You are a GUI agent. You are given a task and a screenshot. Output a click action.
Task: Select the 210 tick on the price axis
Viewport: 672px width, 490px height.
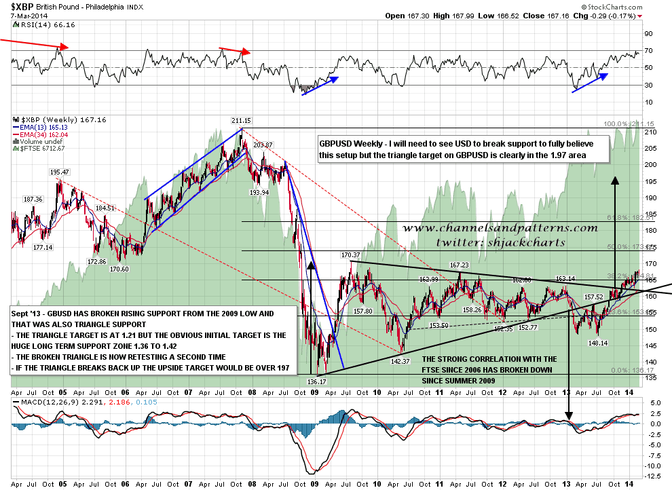651,132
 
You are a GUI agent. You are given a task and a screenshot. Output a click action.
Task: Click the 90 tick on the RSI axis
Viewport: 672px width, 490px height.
648,34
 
